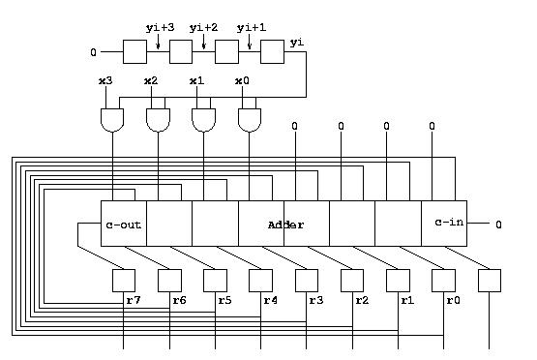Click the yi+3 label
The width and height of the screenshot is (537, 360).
(160, 27)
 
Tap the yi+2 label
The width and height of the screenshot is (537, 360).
(203, 27)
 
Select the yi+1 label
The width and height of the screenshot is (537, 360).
(252, 27)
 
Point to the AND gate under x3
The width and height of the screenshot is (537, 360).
(112, 120)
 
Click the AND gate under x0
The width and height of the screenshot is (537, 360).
(250, 120)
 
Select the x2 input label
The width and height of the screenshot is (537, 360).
(151, 81)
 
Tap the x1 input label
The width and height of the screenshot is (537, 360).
(196, 81)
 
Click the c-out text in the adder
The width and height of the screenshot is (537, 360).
(123, 225)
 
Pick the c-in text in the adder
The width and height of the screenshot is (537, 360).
(449, 222)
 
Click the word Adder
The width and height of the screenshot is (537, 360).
(285, 225)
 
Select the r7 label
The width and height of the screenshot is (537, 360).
(134, 300)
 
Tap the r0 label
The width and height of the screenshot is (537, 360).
(453, 300)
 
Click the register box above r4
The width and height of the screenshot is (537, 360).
(260, 281)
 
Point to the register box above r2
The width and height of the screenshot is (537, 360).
(352, 281)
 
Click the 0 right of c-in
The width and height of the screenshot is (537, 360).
(498, 225)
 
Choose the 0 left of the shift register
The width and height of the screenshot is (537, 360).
(94, 52)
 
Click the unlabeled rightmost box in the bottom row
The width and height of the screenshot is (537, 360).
(490, 281)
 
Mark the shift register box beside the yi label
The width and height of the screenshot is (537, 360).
(272, 51)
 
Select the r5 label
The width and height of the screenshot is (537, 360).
(224, 300)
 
